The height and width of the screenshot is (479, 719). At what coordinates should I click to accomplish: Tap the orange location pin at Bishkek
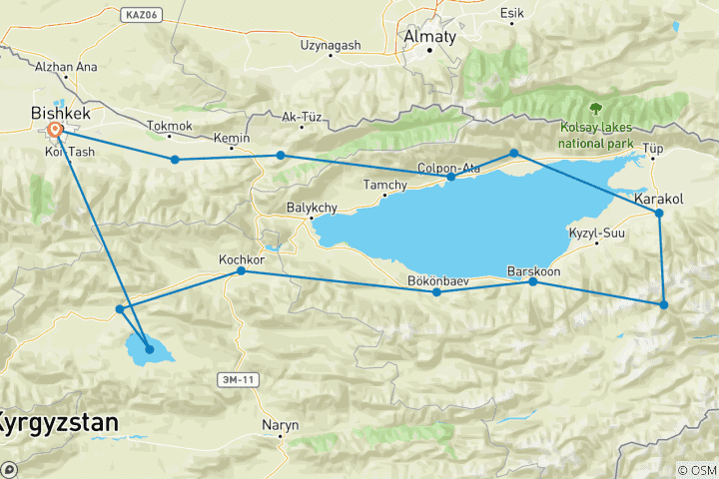(x=55, y=130)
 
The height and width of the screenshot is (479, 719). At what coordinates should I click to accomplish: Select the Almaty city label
(x=428, y=37)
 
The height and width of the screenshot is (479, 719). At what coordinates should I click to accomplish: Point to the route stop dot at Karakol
(x=659, y=214)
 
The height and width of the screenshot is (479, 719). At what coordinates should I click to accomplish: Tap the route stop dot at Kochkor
(x=241, y=271)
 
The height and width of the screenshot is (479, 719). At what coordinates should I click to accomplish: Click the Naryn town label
(x=280, y=424)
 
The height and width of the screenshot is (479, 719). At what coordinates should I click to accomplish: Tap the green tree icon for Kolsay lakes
(x=597, y=108)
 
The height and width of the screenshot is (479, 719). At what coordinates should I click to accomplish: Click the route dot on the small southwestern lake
(x=150, y=349)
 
